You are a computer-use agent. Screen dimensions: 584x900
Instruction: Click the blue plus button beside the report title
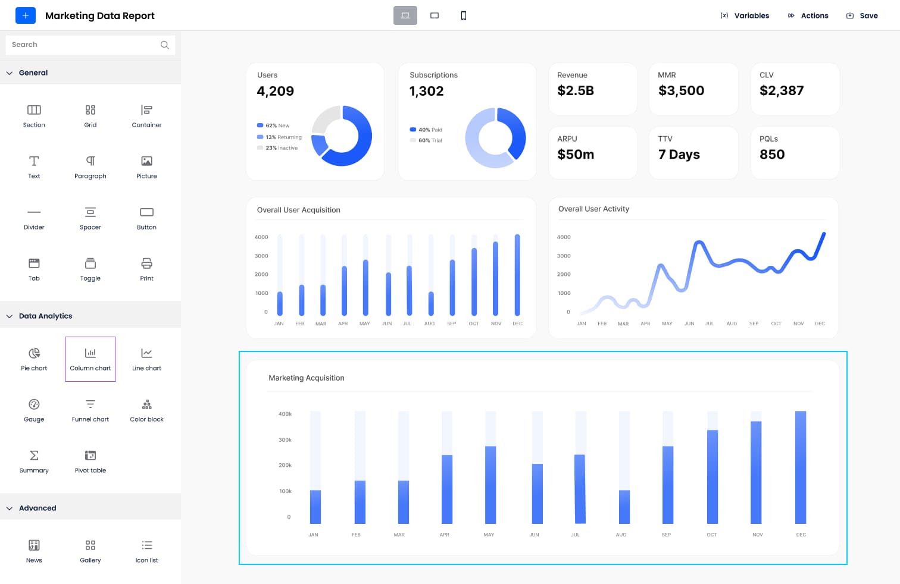coord(25,15)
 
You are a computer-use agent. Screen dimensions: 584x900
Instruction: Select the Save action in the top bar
coord(862,15)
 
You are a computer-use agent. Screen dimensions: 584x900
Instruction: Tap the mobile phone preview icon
coord(463,15)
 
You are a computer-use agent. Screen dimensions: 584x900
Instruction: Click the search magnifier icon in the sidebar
coord(165,45)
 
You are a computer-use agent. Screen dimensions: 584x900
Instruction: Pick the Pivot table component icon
coord(90,456)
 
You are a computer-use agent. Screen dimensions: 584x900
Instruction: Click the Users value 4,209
coord(275,91)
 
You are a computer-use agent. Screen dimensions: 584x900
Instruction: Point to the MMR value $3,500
coord(681,90)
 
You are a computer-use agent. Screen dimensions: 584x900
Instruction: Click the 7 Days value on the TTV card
coord(679,155)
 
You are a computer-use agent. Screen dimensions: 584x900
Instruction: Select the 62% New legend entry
coord(273,125)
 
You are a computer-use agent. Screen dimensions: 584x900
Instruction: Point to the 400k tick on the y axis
coord(285,414)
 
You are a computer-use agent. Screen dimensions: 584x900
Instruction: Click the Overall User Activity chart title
coord(593,209)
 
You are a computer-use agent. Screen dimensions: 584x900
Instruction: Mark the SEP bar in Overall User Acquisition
coord(452,287)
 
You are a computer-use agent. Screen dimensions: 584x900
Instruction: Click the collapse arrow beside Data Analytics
coord(10,316)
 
